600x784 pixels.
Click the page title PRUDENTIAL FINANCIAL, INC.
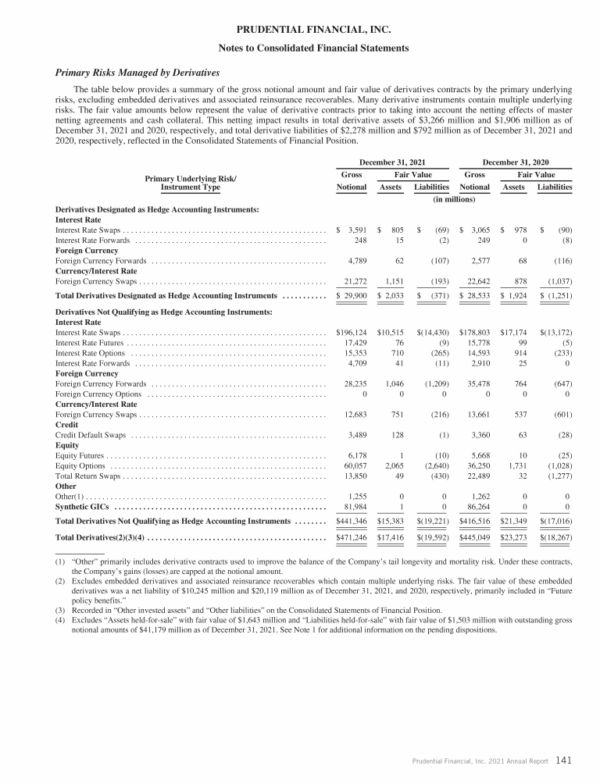300,30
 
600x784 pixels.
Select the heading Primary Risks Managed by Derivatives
137,73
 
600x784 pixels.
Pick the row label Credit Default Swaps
92,434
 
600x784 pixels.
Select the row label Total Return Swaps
89,476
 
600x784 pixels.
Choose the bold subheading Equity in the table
68,444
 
